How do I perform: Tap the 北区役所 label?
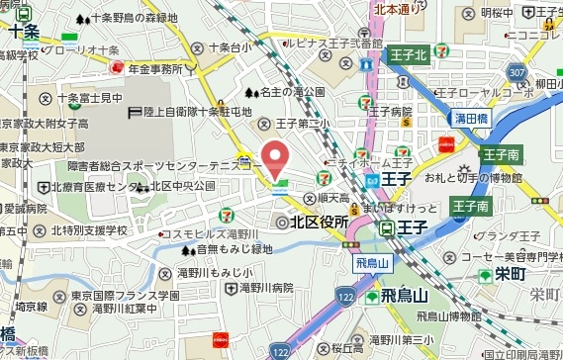click(x=319, y=223)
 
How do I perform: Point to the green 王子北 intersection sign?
click(x=408, y=55)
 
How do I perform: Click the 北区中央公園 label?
click(x=188, y=186)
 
